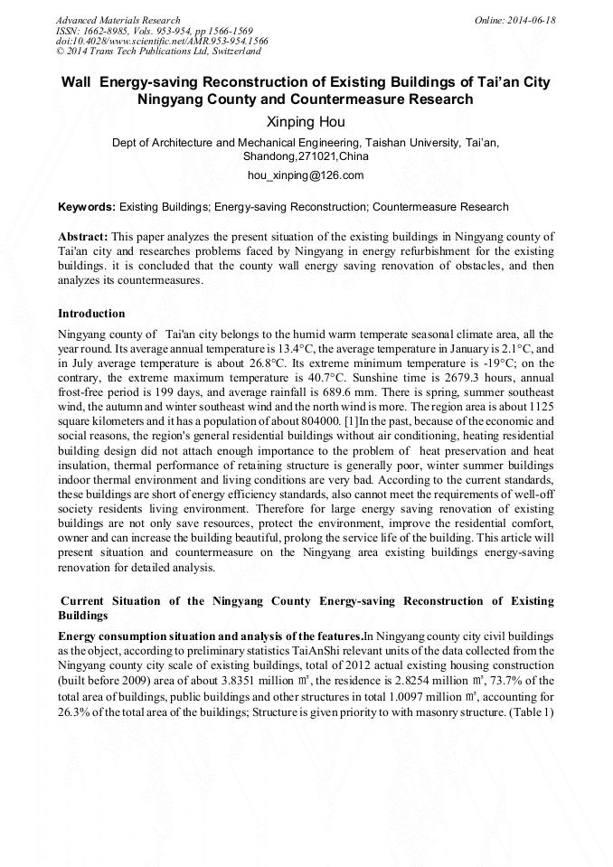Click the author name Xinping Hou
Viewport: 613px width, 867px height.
pyautogui.click(x=306, y=122)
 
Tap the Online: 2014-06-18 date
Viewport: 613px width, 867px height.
pyautogui.click(x=515, y=20)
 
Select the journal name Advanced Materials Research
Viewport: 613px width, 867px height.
pyautogui.click(x=118, y=20)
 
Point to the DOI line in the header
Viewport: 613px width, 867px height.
pyautogui.click(x=162, y=42)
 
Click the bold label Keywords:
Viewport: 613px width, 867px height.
pyautogui.click(x=87, y=207)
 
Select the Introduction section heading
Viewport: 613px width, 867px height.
pyautogui.click(x=91, y=314)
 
